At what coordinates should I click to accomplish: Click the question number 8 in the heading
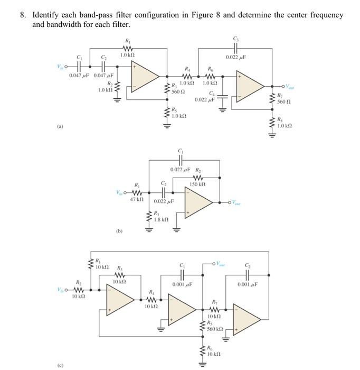(x=23, y=15)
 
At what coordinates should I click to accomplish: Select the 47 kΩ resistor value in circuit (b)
(x=137, y=199)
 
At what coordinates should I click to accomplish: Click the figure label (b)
(x=119, y=231)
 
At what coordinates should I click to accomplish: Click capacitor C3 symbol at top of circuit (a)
(x=235, y=46)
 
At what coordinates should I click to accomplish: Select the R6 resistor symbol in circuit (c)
(x=202, y=351)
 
